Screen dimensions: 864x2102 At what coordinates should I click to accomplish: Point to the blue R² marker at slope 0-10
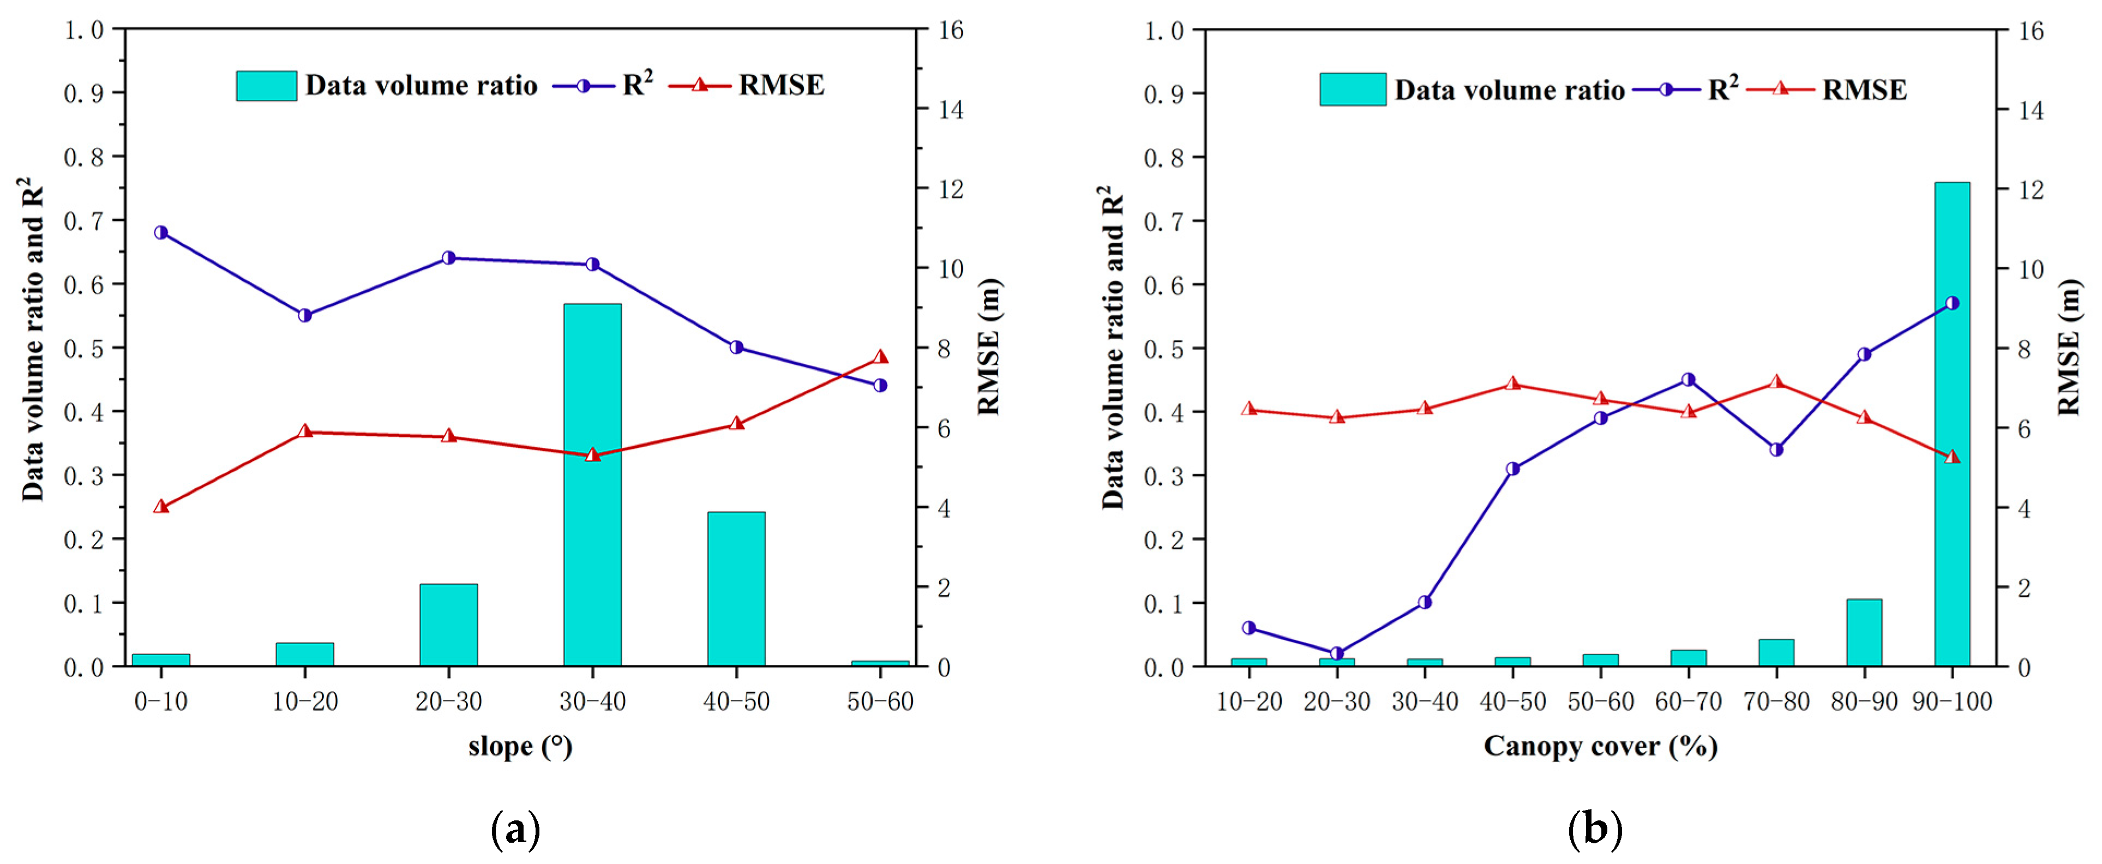point(161,232)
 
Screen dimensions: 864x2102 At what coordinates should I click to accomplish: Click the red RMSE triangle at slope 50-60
point(880,357)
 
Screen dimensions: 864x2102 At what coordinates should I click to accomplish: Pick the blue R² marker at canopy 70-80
point(1776,449)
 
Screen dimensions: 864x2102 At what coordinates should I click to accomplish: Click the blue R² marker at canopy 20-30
point(1337,653)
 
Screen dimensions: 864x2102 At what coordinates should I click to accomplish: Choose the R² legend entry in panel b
point(1722,89)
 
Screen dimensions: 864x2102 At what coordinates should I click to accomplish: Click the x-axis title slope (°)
point(520,746)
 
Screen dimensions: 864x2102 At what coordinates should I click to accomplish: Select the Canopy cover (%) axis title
point(1599,746)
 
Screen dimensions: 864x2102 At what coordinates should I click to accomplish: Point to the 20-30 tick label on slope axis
point(448,701)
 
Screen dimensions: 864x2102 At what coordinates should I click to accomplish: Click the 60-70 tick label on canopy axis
point(1687,701)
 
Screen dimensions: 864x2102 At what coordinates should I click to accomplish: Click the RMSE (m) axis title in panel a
point(988,347)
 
